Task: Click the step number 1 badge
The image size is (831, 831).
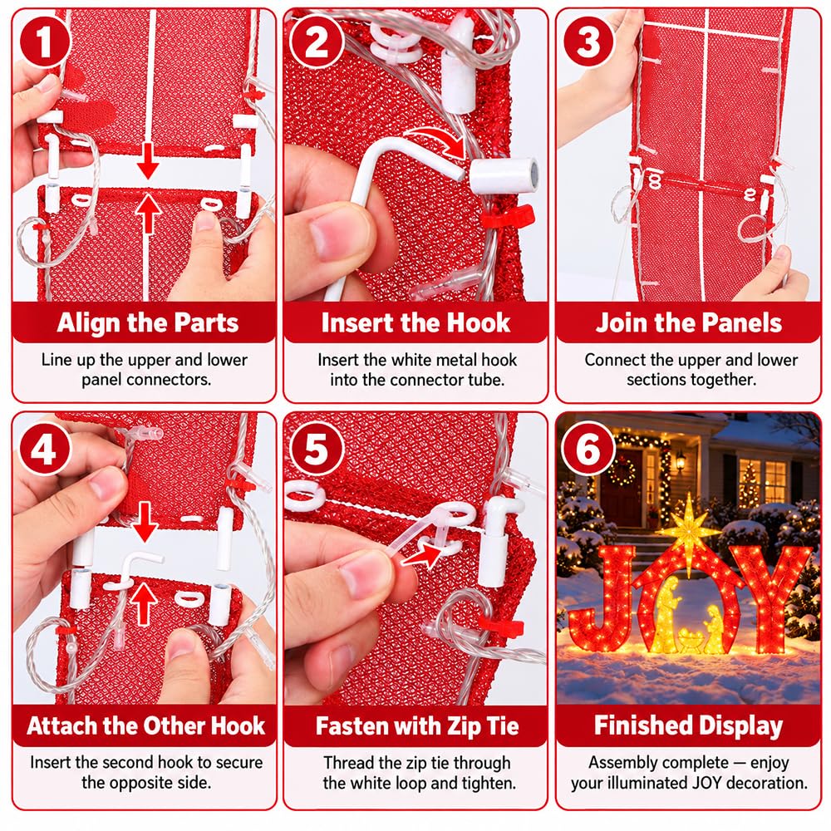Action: coord(45,42)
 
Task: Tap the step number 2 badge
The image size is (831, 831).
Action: coord(317,42)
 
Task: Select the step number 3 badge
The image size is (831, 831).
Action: coord(589,42)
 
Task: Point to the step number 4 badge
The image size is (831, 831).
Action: coord(45,450)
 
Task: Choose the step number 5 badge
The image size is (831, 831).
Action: coord(317,450)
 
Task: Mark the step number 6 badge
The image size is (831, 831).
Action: coord(589,450)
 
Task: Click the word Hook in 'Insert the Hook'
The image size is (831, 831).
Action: coord(479,322)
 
